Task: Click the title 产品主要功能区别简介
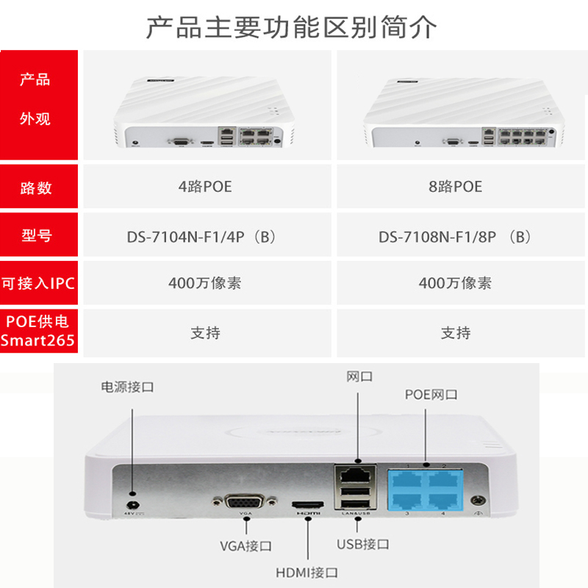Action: (x=292, y=27)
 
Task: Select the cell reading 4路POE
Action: (x=205, y=187)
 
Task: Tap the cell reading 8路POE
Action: (x=456, y=187)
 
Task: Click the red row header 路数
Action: (x=36, y=187)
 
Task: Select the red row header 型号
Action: (x=36, y=237)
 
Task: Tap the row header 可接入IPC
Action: (x=38, y=283)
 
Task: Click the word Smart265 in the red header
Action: (x=38, y=341)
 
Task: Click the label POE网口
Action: (x=431, y=395)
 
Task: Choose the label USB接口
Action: (x=363, y=545)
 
